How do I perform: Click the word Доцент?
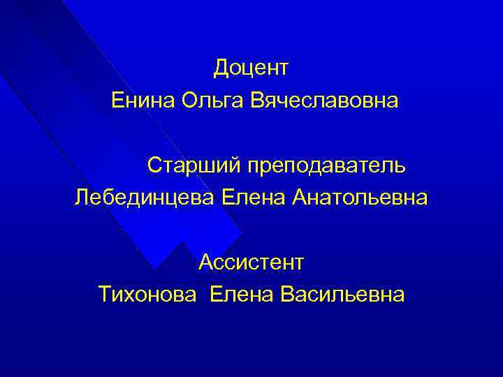[251, 68]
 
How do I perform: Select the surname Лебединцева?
[145, 200]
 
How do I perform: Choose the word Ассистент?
[251, 263]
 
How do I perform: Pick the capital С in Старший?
[154, 167]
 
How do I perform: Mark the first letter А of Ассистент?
[205, 263]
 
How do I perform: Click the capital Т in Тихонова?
[105, 294]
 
